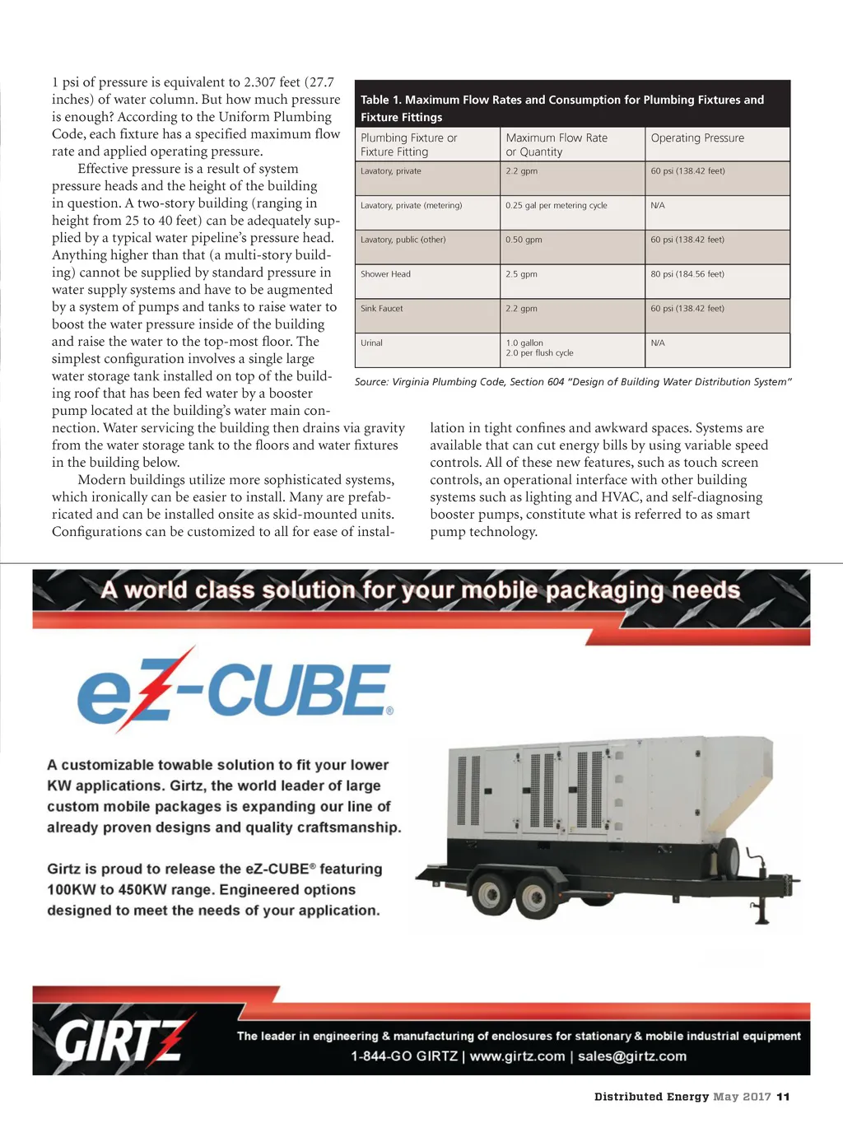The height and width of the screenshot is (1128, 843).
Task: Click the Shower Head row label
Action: click(x=385, y=274)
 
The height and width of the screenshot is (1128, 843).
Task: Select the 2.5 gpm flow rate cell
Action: click(x=521, y=274)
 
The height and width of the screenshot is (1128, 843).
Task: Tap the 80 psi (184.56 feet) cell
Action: click(x=687, y=274)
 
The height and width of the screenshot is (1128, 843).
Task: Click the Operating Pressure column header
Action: click(x=697, y=138)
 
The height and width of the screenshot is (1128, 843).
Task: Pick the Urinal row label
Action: click(x=371, y=343)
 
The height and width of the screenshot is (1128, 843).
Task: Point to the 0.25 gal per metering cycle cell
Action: click(x=557, y=206)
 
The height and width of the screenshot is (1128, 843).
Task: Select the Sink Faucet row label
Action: click(x=382, y=309)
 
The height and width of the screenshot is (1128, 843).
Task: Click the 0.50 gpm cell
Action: click(x=524, y=240)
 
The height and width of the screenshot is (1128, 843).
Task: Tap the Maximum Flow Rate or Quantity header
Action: click(x=557, y=145)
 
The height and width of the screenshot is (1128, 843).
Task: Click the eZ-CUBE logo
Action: click(x=235, y=690)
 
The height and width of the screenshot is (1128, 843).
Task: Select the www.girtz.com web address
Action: click(x=517, y=1056)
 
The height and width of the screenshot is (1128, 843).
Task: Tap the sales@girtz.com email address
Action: click(x=632, y=1056)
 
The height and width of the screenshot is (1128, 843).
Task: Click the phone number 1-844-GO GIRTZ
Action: click(x=404, y=1056)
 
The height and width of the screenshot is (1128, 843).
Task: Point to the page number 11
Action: click(x=783, y=1097)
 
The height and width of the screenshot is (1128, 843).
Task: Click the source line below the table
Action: click(x=573, y=382)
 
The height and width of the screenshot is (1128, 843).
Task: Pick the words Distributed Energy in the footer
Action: click(x=651, y=1097)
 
